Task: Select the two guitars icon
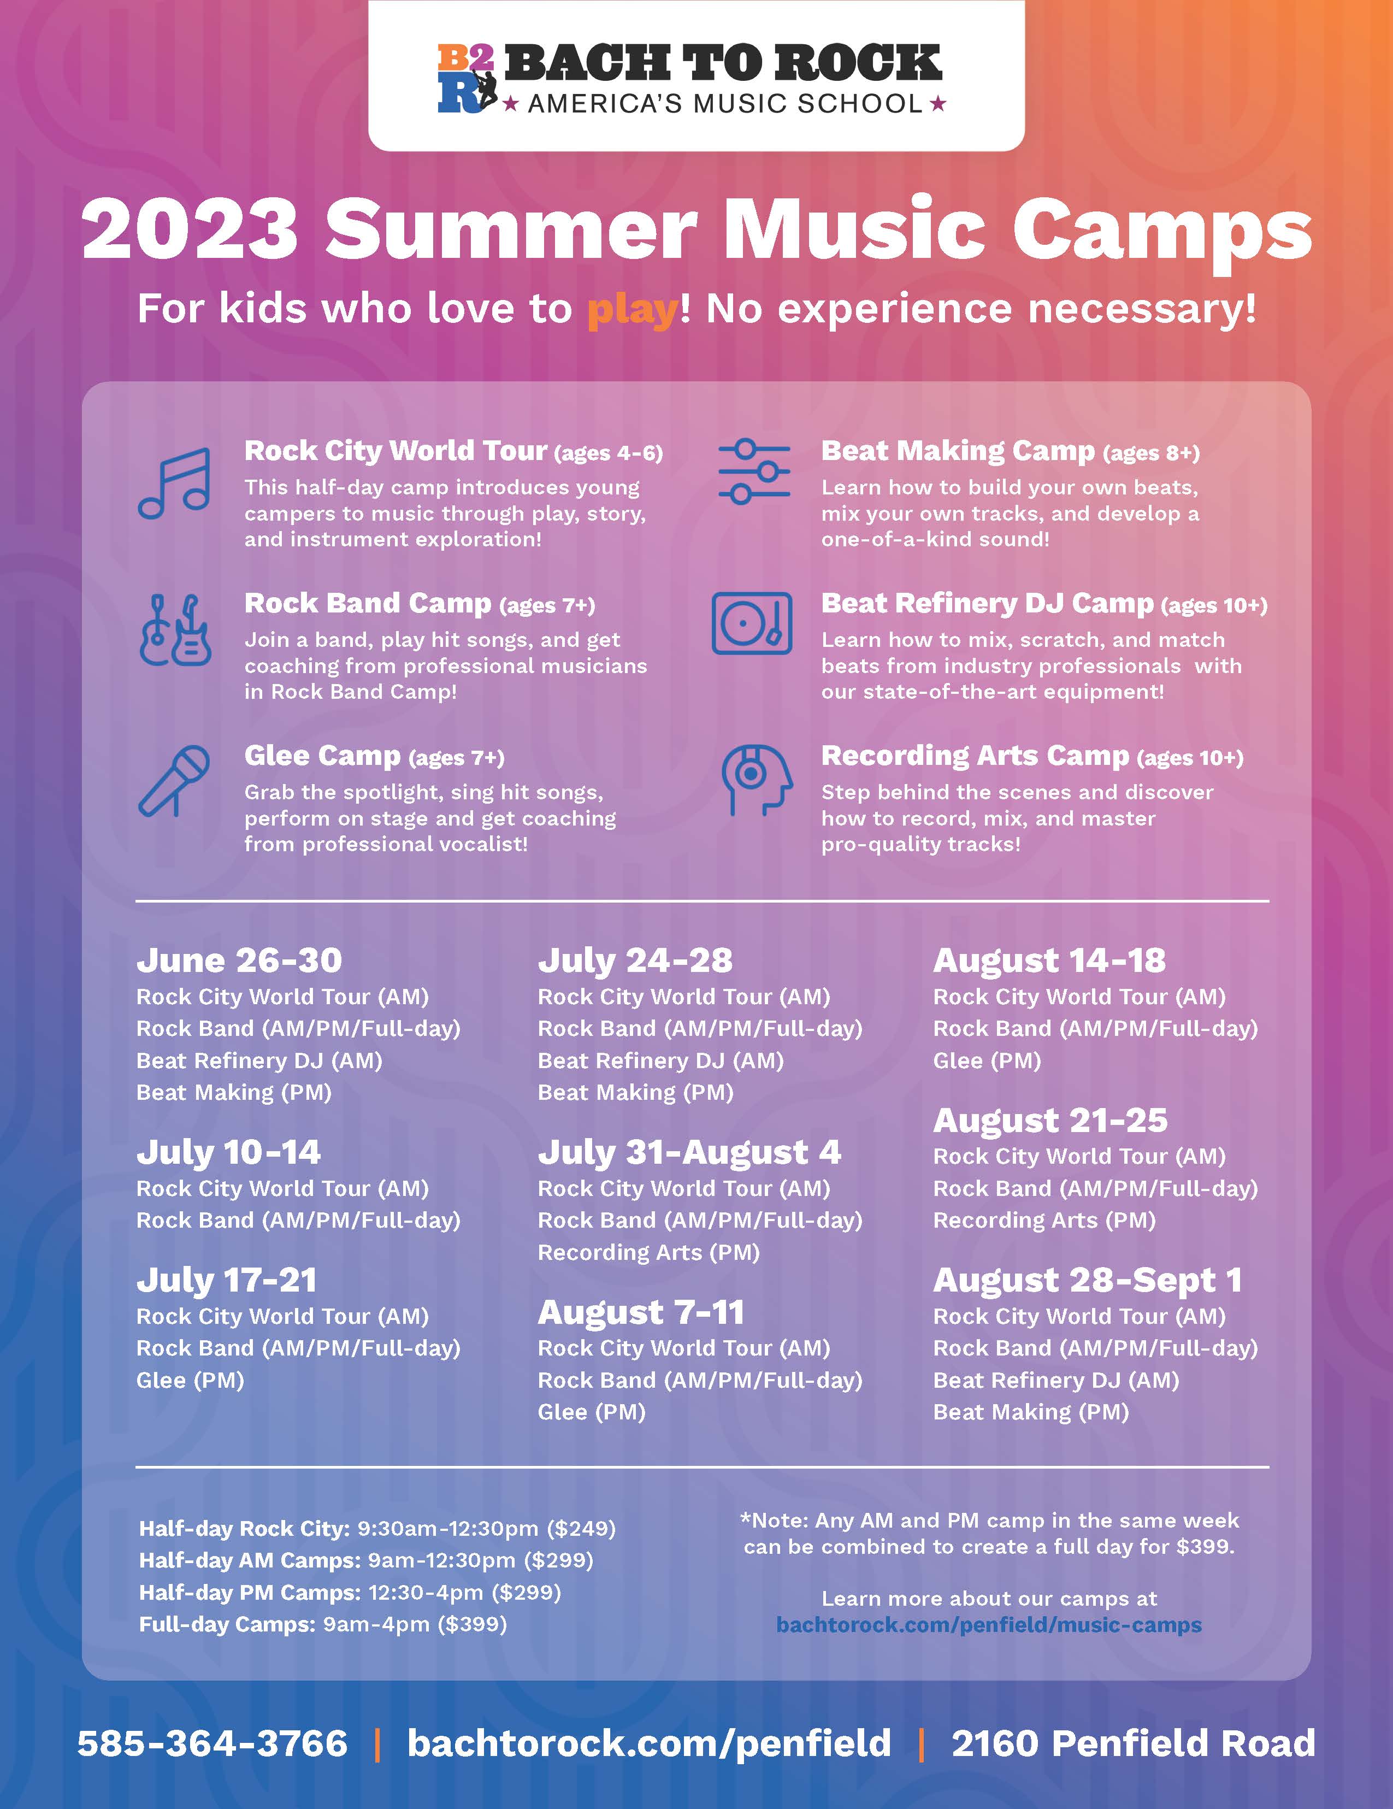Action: click(x=175, y=631)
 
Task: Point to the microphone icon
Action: click(x=174, y=780)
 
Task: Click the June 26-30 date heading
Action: click(x=239, y=960)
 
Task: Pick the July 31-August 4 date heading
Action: click(x=689, y=1152)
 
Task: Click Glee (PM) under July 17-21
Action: click(x=191, y=1380)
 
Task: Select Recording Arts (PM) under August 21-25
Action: click(x=1044, y=1220)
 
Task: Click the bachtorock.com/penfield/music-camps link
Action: click(x=989, y=1624)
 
